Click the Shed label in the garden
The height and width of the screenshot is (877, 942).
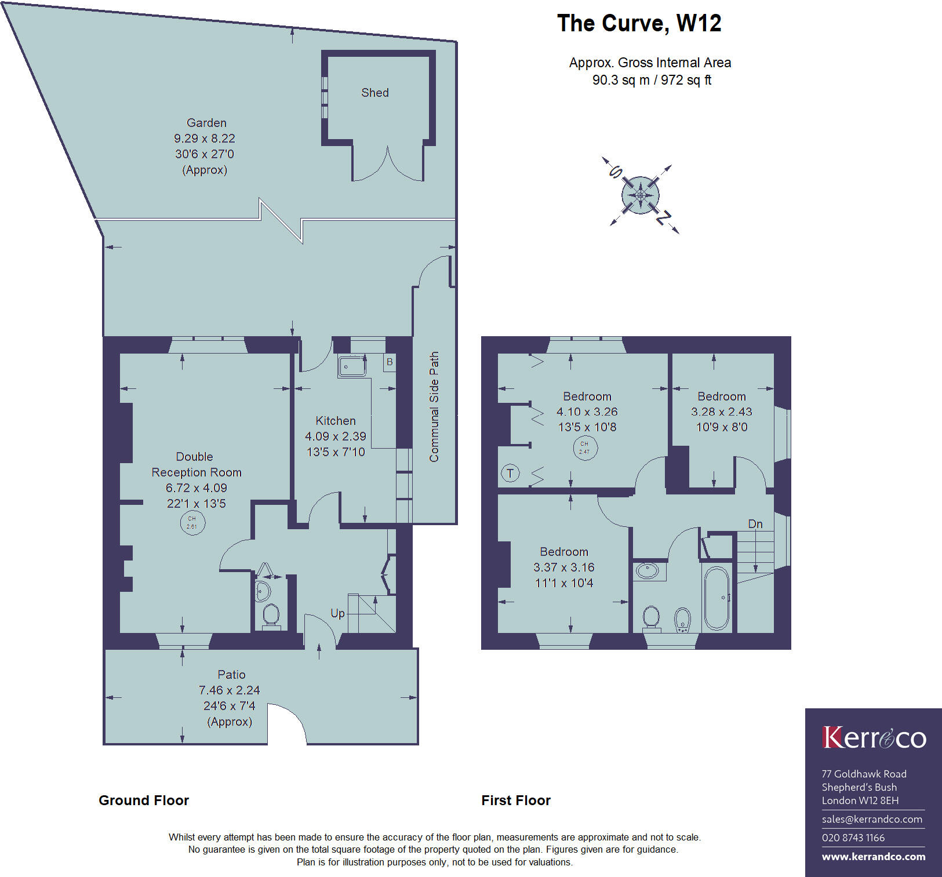pyautogui.click(x=374, y=93)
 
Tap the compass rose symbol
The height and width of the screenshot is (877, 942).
pyautogui.click(x=641, y=195)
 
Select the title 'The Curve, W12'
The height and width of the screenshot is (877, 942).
pyautogui.click(x=639, y=23)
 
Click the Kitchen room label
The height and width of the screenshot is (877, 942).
pyautogui.click(x=336, y=421)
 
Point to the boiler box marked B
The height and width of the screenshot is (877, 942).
pyautogui.click(x=390, y=362)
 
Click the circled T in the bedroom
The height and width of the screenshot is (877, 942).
pyautogui.click(x=510, y=474)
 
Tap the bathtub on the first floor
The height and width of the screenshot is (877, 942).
pyautogui.click(x=717, y=598)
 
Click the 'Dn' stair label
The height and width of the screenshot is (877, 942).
pyautogui.click(x=755, y=524)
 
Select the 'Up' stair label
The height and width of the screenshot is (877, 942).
pyautogui.click(x=337, y=613)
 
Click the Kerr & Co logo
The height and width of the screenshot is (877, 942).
pyautogui.click(x=874, y=738)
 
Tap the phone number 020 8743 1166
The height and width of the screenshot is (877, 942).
pyautogui.click(x=853, y=838)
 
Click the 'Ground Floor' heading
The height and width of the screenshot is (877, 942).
pyautogui.click(x=144, y=800)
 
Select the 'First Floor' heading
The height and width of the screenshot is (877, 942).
pyautogui.click(x=516, y=800)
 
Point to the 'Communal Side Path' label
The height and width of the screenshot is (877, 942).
pyautogui.click(x=434, y=407)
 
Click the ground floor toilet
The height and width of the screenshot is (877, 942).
pyautogui.click(x=271, y=616)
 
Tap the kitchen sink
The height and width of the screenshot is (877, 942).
pyautogui.click(x=352, y=366)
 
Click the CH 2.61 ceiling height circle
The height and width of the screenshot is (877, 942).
pyautogui.click(x=192, y=523)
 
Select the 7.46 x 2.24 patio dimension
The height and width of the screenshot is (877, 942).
pyautogui.click(x=230, y=690)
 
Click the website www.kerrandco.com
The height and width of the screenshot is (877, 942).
pyautogui.click(x=874, y=857)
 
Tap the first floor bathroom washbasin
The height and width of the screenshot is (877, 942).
pyautogui.click(x=648, y=571)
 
